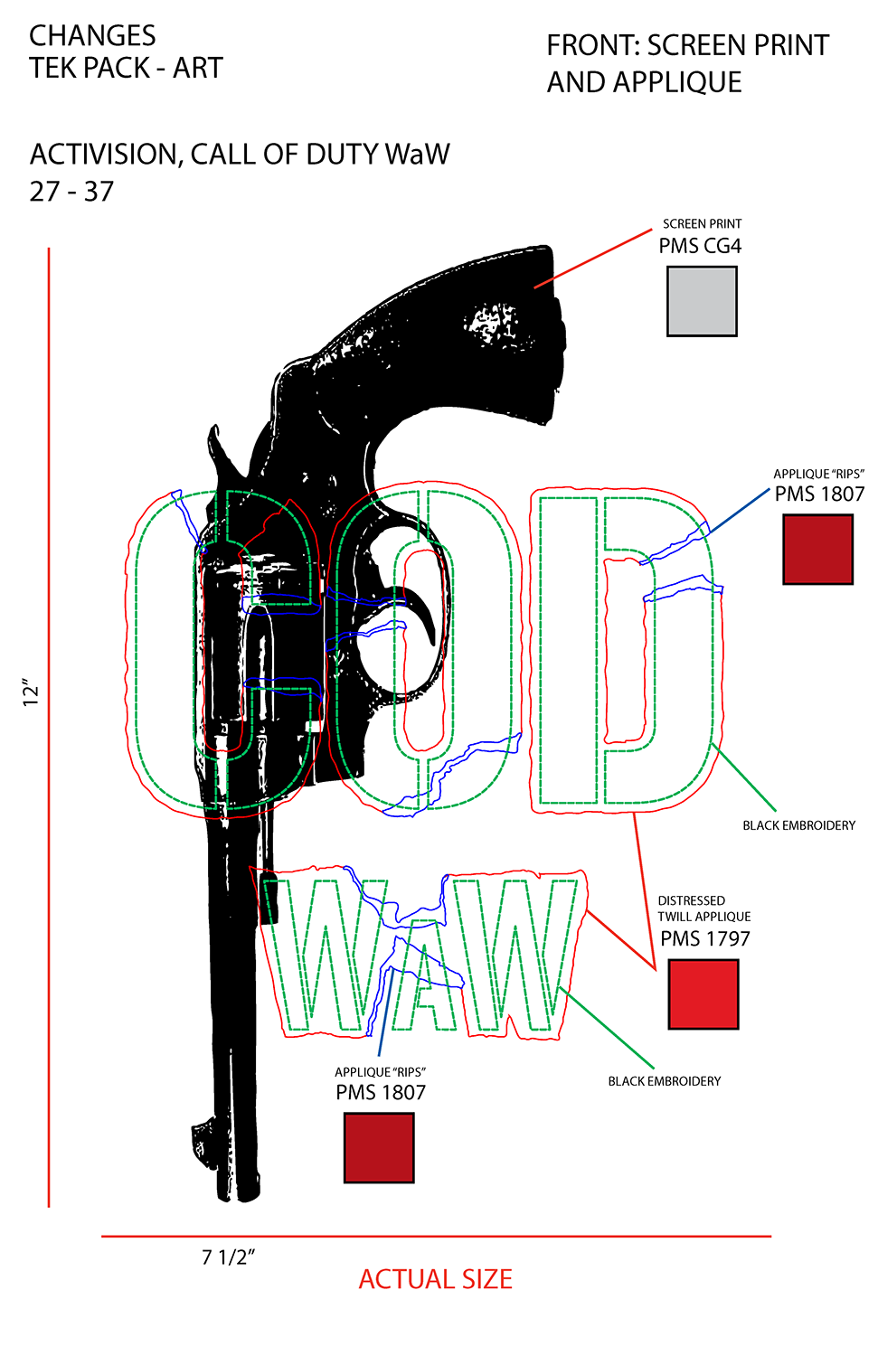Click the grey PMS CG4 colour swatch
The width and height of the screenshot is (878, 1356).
pos(702,301)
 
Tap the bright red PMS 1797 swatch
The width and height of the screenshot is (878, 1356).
pos(703,994)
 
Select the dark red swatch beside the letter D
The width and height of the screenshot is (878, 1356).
pos(817,549)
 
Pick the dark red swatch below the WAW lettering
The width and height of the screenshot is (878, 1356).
pos(379,1148)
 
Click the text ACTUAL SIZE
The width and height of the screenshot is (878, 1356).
pos(435,1280)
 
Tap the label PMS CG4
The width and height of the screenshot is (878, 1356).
pos(700,247)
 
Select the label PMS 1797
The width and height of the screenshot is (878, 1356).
pos(704,939)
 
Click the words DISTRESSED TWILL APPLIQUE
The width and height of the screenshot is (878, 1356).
pos(704,909)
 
